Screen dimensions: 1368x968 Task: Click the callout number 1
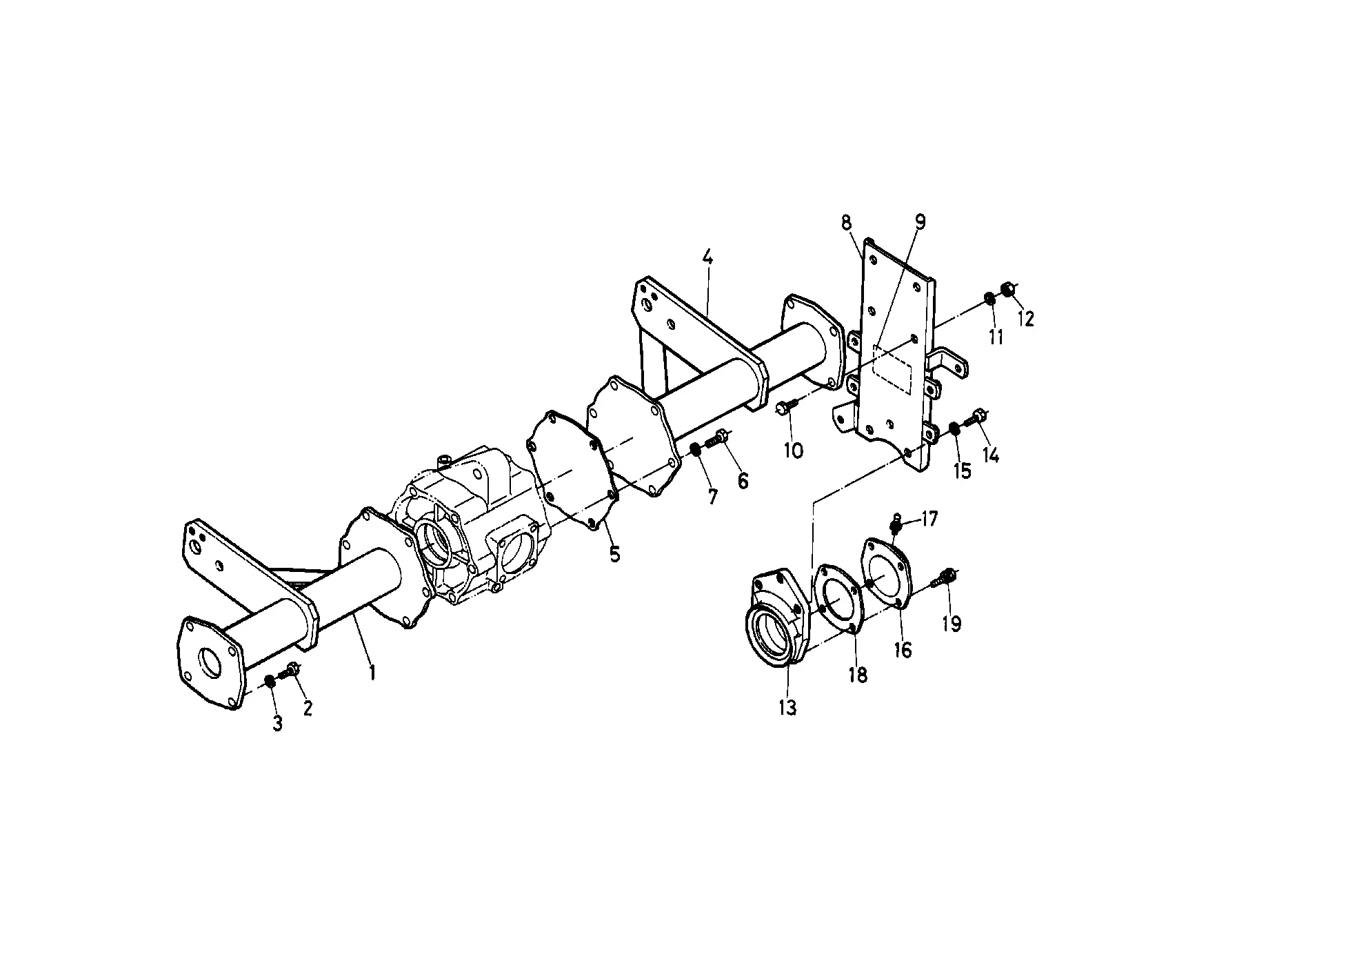[x=372, y=671]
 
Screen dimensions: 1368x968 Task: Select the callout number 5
[x=614, y=553]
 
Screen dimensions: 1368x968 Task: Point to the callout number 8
[x=846, y=223]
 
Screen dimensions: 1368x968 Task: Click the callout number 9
[x=921, y=222]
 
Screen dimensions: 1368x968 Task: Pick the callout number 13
[x=787, y=707]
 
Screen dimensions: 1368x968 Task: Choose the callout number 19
[x=951, y=624]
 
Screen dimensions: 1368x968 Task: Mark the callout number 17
[x=929, y=519]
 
